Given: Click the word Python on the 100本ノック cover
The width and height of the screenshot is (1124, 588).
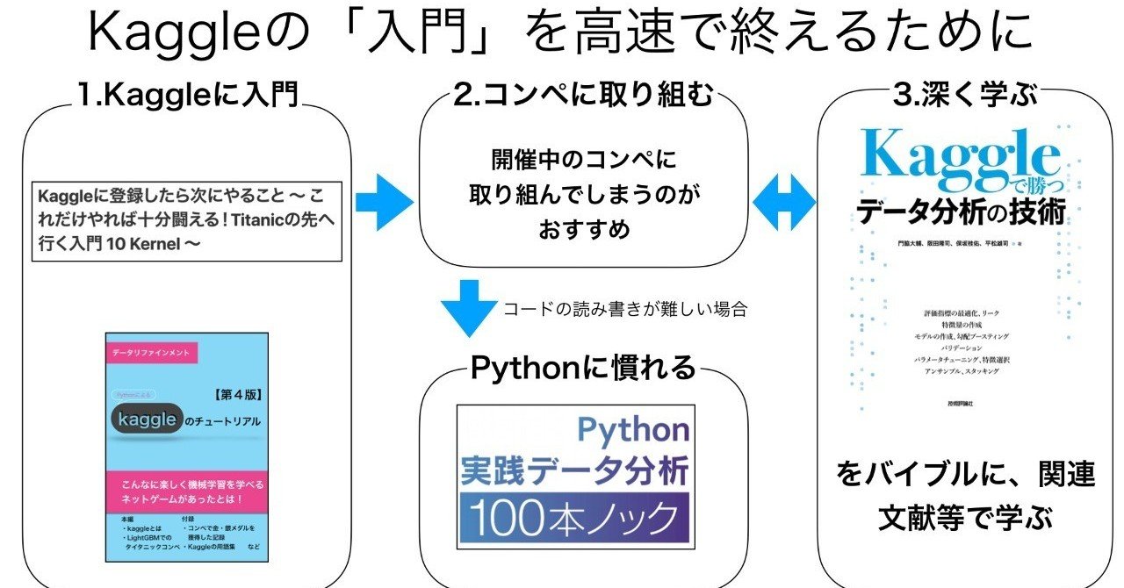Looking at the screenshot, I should (x=632, y=429).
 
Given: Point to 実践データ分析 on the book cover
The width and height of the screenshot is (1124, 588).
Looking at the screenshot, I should (x=574, y=470).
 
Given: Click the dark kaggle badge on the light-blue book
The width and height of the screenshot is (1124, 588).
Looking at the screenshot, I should (x=146, y=420).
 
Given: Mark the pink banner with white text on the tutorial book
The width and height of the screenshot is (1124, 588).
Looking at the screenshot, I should (x=185, y=492).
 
